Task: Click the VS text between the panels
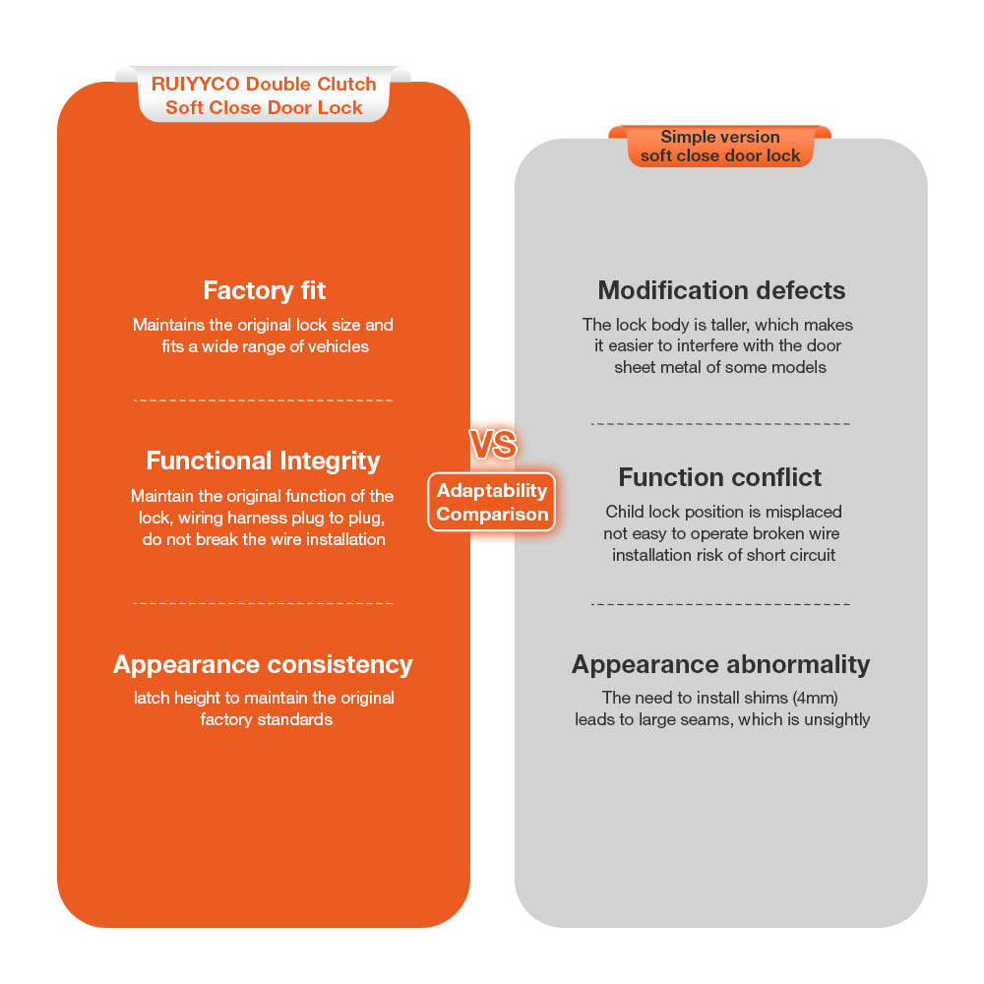[492, 445]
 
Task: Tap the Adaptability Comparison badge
[492, 502]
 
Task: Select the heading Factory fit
[264, 290]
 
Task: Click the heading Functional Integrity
[263, 461]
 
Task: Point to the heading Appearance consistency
[263, 664]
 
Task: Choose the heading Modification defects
[721, 290]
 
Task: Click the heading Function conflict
[720, 477]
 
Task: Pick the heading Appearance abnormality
[721, 664]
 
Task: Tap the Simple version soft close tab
[720, 147]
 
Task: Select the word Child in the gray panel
[625, 512]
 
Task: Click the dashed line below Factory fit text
[263, 400]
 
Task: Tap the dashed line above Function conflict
[720, 424]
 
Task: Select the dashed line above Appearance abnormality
[720, 604]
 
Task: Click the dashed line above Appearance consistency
[263, 603]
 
